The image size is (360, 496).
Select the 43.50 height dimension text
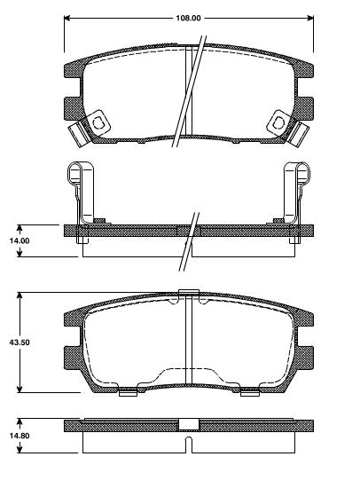18,342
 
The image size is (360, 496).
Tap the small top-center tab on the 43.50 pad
187,294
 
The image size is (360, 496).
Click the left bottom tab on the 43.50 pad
128,390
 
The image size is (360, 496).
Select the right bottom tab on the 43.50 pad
248,390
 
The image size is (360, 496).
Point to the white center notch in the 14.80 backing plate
187,425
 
